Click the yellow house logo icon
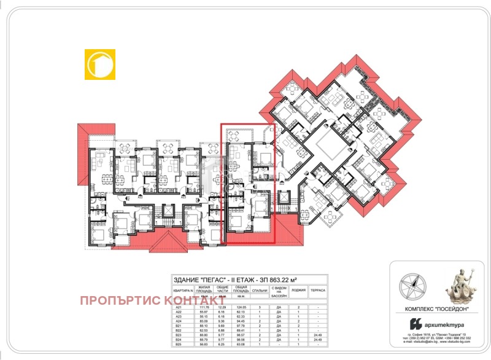[100, 64]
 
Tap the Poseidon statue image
[458, 286]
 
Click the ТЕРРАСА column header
[318, 290]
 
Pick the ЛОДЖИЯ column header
[298, 290]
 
